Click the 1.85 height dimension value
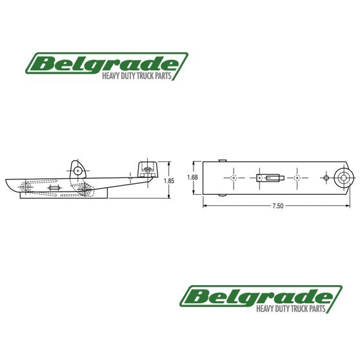tap(169, 181)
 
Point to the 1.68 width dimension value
tap(192, 177)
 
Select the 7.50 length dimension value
tap(277, 206)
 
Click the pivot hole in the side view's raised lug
tap(78, 171)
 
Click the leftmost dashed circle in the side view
tap(26, 188)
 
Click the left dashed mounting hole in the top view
tap(233, 177)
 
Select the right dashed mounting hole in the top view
tap(297, 177)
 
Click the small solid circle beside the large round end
tap(327, 177)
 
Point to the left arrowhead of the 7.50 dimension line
tap(205, 206)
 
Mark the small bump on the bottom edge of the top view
tap(222, 194)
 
